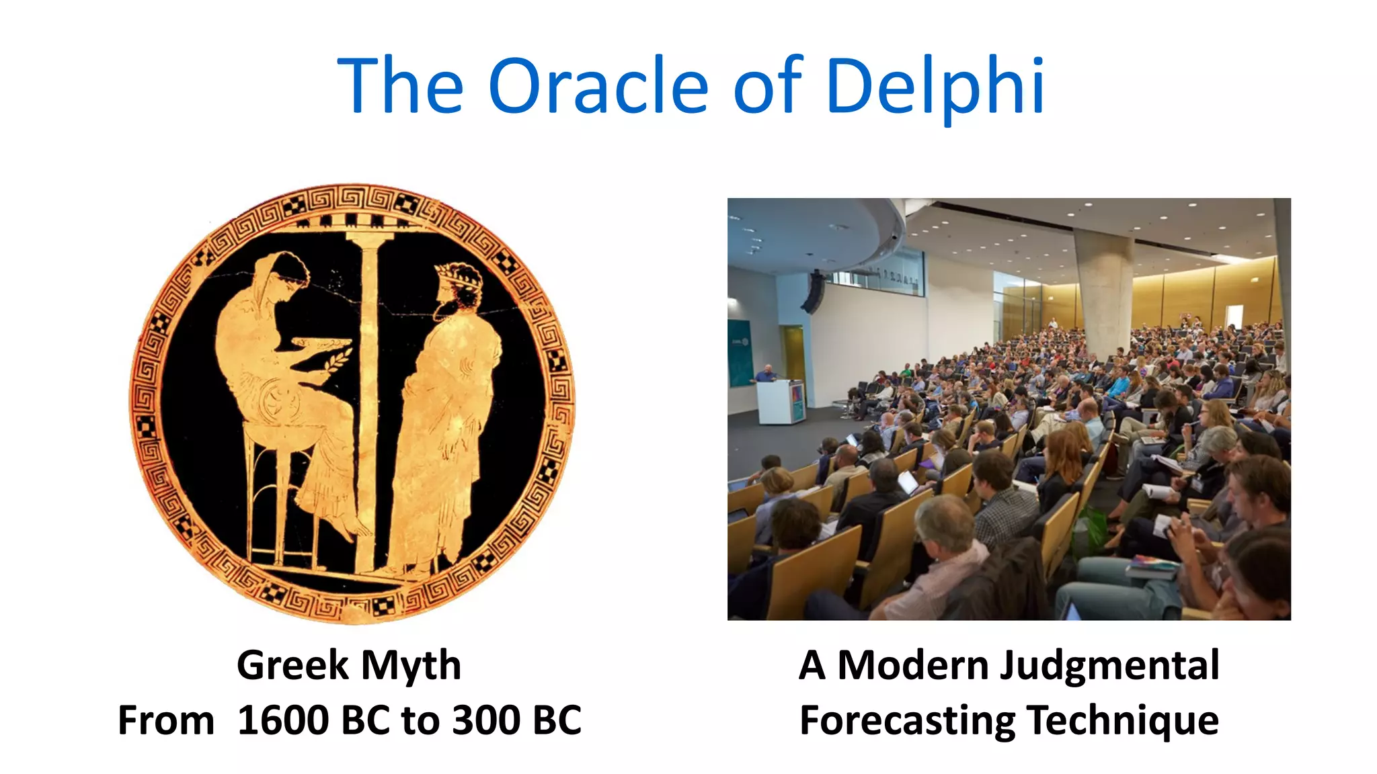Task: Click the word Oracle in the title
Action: [598, 86]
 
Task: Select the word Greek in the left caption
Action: [292, 666]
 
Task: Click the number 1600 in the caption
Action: [283, 721]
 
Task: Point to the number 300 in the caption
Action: [485, 721]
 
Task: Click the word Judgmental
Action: [1109, 666]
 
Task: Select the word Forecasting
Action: [907, 721]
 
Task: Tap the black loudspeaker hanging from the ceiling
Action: [814, 293]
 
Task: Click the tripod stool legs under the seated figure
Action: [282, 504]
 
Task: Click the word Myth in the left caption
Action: [411, 666]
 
